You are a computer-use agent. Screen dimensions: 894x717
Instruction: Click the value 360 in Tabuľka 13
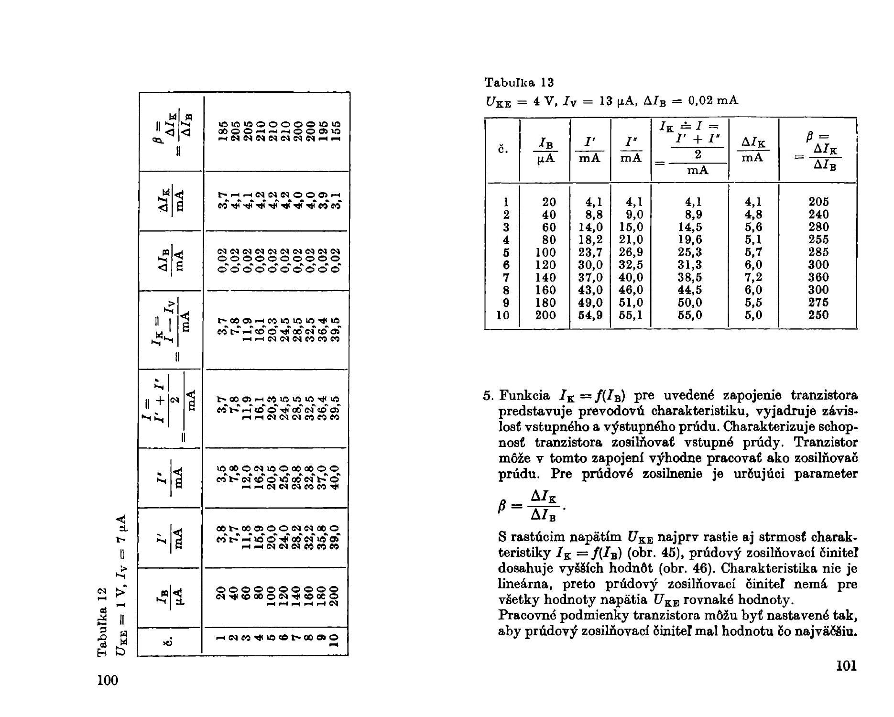tap(818, 277)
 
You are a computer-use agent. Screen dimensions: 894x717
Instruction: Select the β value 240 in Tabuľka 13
tap(818, 214)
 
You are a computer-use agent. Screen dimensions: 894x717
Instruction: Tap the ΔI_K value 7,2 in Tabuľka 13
tap(753, 277)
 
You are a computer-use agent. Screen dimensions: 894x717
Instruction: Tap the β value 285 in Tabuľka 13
tap(818, 252)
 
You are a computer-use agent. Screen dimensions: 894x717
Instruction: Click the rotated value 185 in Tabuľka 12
tap(222, 132)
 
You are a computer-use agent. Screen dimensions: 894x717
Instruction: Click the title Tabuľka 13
tap(519, 83)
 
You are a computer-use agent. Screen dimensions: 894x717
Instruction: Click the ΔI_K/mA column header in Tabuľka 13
tap(753, 150)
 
